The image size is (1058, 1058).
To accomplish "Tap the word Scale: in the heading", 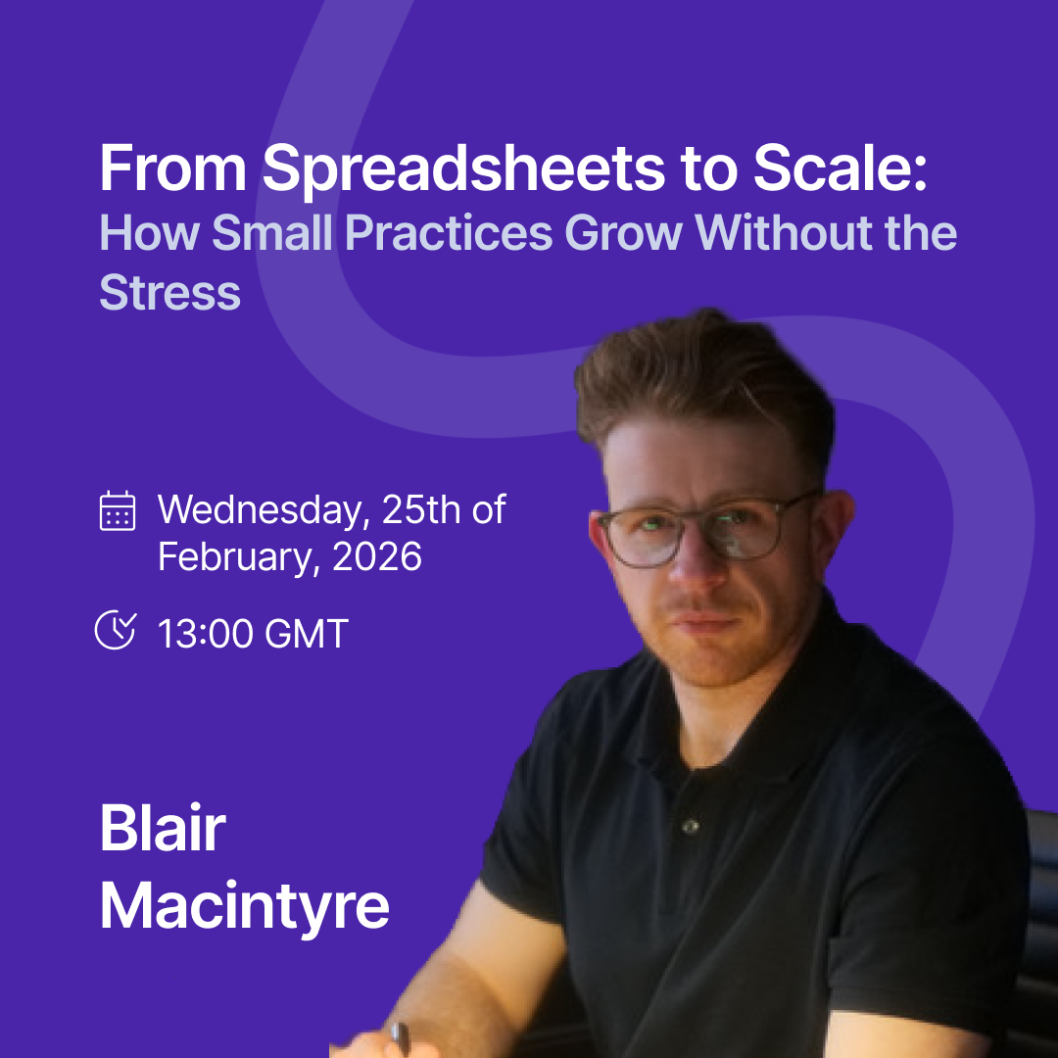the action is click(x=841, y=168).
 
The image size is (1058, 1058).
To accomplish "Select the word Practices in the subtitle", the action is click(x=449, y=233).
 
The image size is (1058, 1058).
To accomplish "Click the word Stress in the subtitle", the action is click(x=170, y=292).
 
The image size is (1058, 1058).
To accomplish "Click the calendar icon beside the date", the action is click(x=118, y=510).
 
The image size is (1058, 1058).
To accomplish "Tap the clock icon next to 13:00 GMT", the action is click(x=116, y=630).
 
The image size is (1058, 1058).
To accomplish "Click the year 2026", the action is click(x=376, y=556).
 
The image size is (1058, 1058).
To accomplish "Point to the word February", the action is click(x=237, y=558).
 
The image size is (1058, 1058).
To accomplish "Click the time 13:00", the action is click(x=205, y=634).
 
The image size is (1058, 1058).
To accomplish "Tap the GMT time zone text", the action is click(x=307, y=634).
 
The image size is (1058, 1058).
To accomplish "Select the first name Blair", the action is click(x=163, y=828).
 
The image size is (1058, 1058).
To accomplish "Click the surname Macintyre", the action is click(x=245, y=906).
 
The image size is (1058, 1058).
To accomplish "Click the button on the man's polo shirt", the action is click(x=690, y=826).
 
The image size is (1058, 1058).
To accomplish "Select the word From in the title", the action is click(x=173, y=168).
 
